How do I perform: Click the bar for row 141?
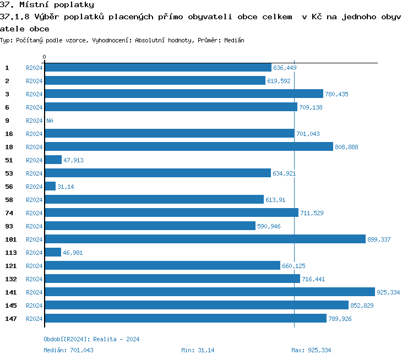tap(209, 292)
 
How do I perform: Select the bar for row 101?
tap(205, 239)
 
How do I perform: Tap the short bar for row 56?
tap(50, 186)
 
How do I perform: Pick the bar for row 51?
tap(53, 160)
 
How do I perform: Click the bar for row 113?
tap(53, 252)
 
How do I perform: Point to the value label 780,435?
tap(336, 94)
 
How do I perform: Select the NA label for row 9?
tap(50, 121)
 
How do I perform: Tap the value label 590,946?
tap(269, 226)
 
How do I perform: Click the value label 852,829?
tap(362, 306)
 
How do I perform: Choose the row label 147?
tap(10, 319)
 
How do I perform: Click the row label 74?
tap(9, 213)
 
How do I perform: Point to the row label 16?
tap(9, 134)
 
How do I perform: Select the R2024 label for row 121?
tap(34, 266)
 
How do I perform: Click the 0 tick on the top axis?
tap(44, 57)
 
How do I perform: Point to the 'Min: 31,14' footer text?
tap(198, 350)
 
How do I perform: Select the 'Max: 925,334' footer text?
tap(311, 350)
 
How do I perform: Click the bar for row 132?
tap(172, 279)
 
